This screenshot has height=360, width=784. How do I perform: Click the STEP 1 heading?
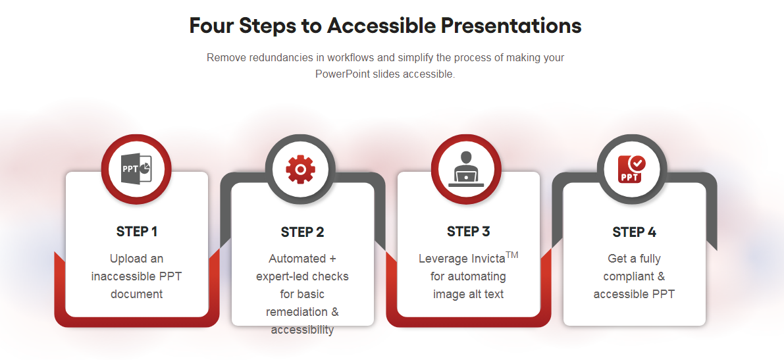[x=136, y=232]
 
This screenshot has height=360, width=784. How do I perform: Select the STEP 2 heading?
[x=303, y=232]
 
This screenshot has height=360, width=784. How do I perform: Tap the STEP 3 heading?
[x=469, y=232]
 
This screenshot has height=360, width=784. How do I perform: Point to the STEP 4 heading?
[x=635, y=232]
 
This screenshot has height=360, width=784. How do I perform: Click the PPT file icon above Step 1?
[x=136, y=169]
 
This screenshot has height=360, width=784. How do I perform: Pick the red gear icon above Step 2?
[x=300, y=170]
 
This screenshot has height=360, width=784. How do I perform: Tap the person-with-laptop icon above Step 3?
[x=466, y=169]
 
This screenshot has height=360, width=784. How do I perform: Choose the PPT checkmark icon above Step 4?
[x=632, y=170]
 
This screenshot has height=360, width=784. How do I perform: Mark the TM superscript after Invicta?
[x=512, y=255]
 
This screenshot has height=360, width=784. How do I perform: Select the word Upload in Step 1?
[x=126, y=259]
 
